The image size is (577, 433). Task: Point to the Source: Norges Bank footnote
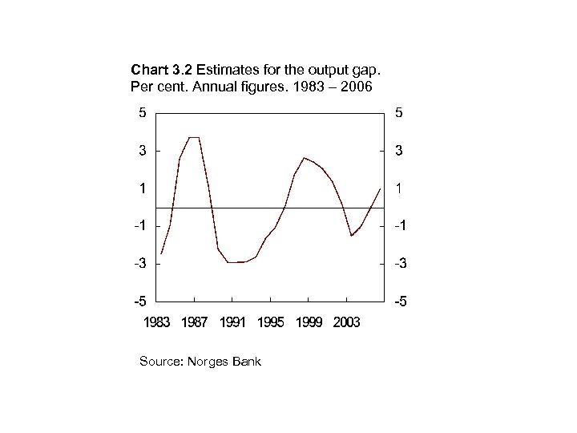[200, 362]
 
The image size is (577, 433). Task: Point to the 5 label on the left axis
[142, 113]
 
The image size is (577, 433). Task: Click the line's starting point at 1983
[161, 253]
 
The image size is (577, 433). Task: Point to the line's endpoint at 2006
[380, 188]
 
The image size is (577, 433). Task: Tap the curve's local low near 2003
[351, 236]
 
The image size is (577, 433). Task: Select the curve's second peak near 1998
[304, 158]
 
